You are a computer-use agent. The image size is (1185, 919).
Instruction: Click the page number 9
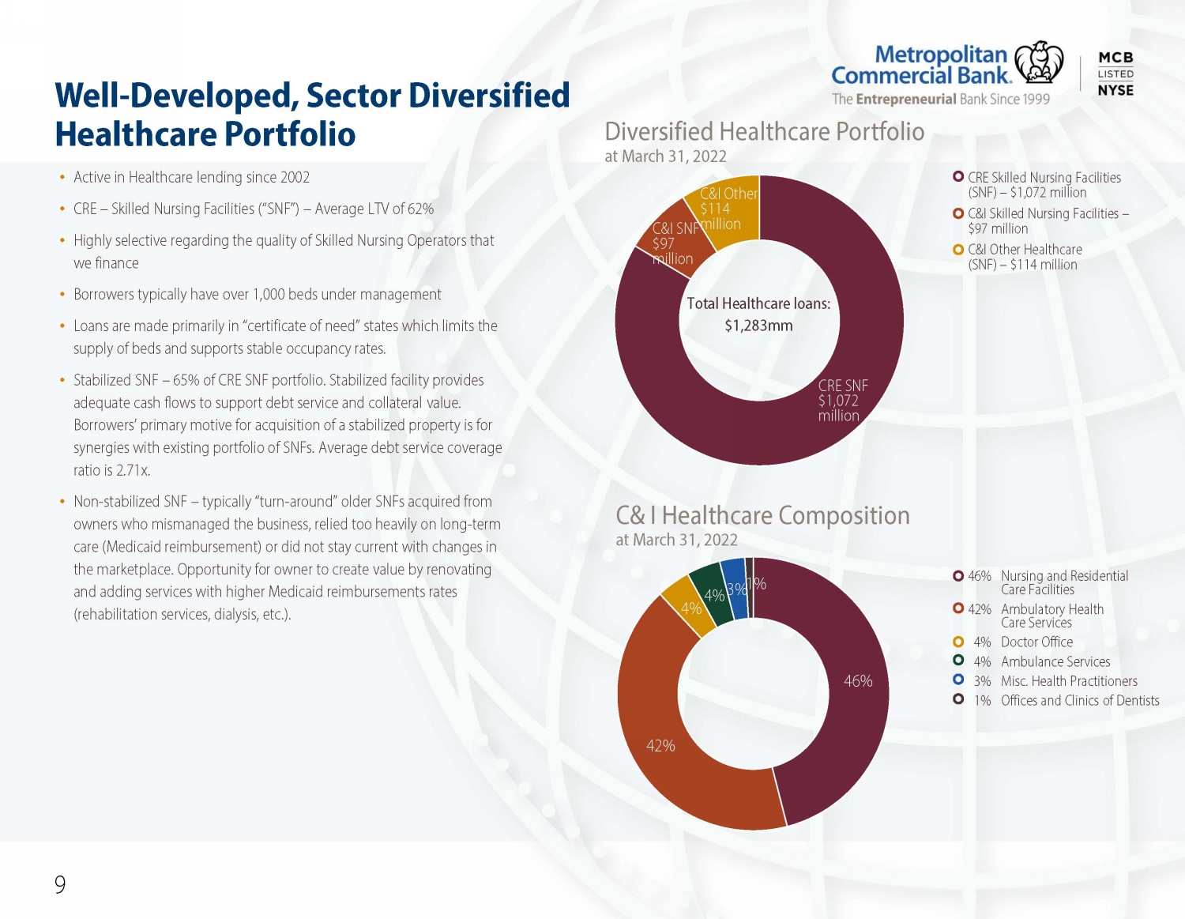point(60,884)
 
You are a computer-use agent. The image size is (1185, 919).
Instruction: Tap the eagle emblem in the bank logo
point(1038,62)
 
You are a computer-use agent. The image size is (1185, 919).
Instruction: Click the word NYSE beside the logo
point(1115,91)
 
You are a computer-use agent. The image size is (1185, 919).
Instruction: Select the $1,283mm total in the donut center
point(758,326)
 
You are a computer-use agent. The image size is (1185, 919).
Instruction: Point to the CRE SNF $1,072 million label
point(842,401)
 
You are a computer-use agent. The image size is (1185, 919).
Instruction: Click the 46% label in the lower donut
point(858,680)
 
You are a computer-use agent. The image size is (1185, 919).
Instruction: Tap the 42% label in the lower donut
point(660,746)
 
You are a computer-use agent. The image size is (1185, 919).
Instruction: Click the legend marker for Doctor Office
point(958,642)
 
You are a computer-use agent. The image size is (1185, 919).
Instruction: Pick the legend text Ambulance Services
point(1055,661)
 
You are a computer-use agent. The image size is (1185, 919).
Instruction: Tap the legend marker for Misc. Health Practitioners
point(958,680)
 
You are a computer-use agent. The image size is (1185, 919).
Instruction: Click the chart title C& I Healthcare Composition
point(762,515)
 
